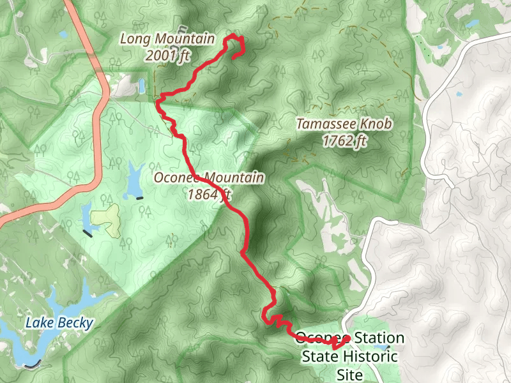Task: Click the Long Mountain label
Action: [167, 40]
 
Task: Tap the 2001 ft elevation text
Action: [168, 56]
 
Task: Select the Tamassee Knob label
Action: [344, 124]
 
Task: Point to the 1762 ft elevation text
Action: [344, 141]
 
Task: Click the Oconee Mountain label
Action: [208, 178]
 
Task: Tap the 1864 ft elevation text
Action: [208, 195]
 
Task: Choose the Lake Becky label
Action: [59, 322]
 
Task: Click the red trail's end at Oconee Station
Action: [348, 338]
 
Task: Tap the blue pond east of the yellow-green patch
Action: [135, 180]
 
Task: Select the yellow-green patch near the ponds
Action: [107, 220]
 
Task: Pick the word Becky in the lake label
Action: [75, 322]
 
